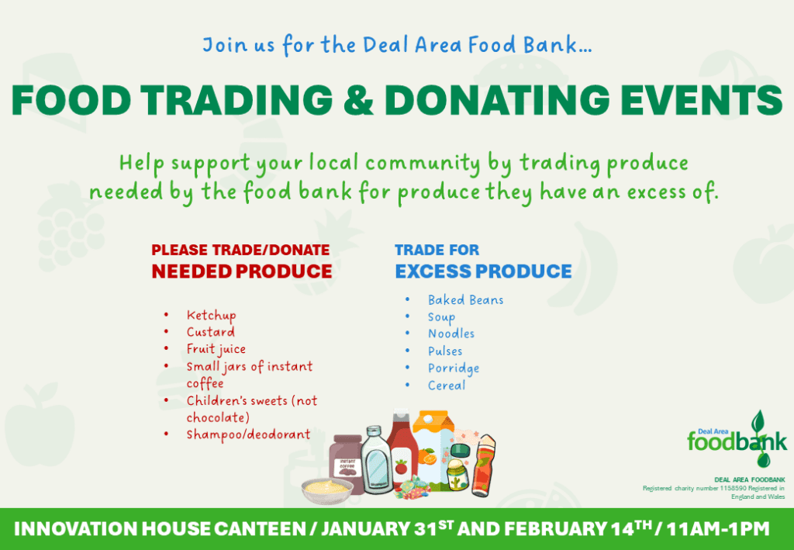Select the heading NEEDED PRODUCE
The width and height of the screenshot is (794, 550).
[x=241, y=272]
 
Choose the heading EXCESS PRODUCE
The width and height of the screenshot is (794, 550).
[x=483, y=272]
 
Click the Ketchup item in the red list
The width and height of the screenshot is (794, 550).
[x=211, y=316]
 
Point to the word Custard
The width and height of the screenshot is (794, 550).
[x=210, y=332]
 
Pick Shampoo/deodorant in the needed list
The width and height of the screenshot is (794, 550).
[x=248, y=434]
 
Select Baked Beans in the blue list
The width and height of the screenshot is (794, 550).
[x=465, y=300]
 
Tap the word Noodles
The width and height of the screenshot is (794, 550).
[x=451, y=334]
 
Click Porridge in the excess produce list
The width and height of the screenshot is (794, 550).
[x=454, y=368]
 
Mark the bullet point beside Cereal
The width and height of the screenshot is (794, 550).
[x=408, y=386]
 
